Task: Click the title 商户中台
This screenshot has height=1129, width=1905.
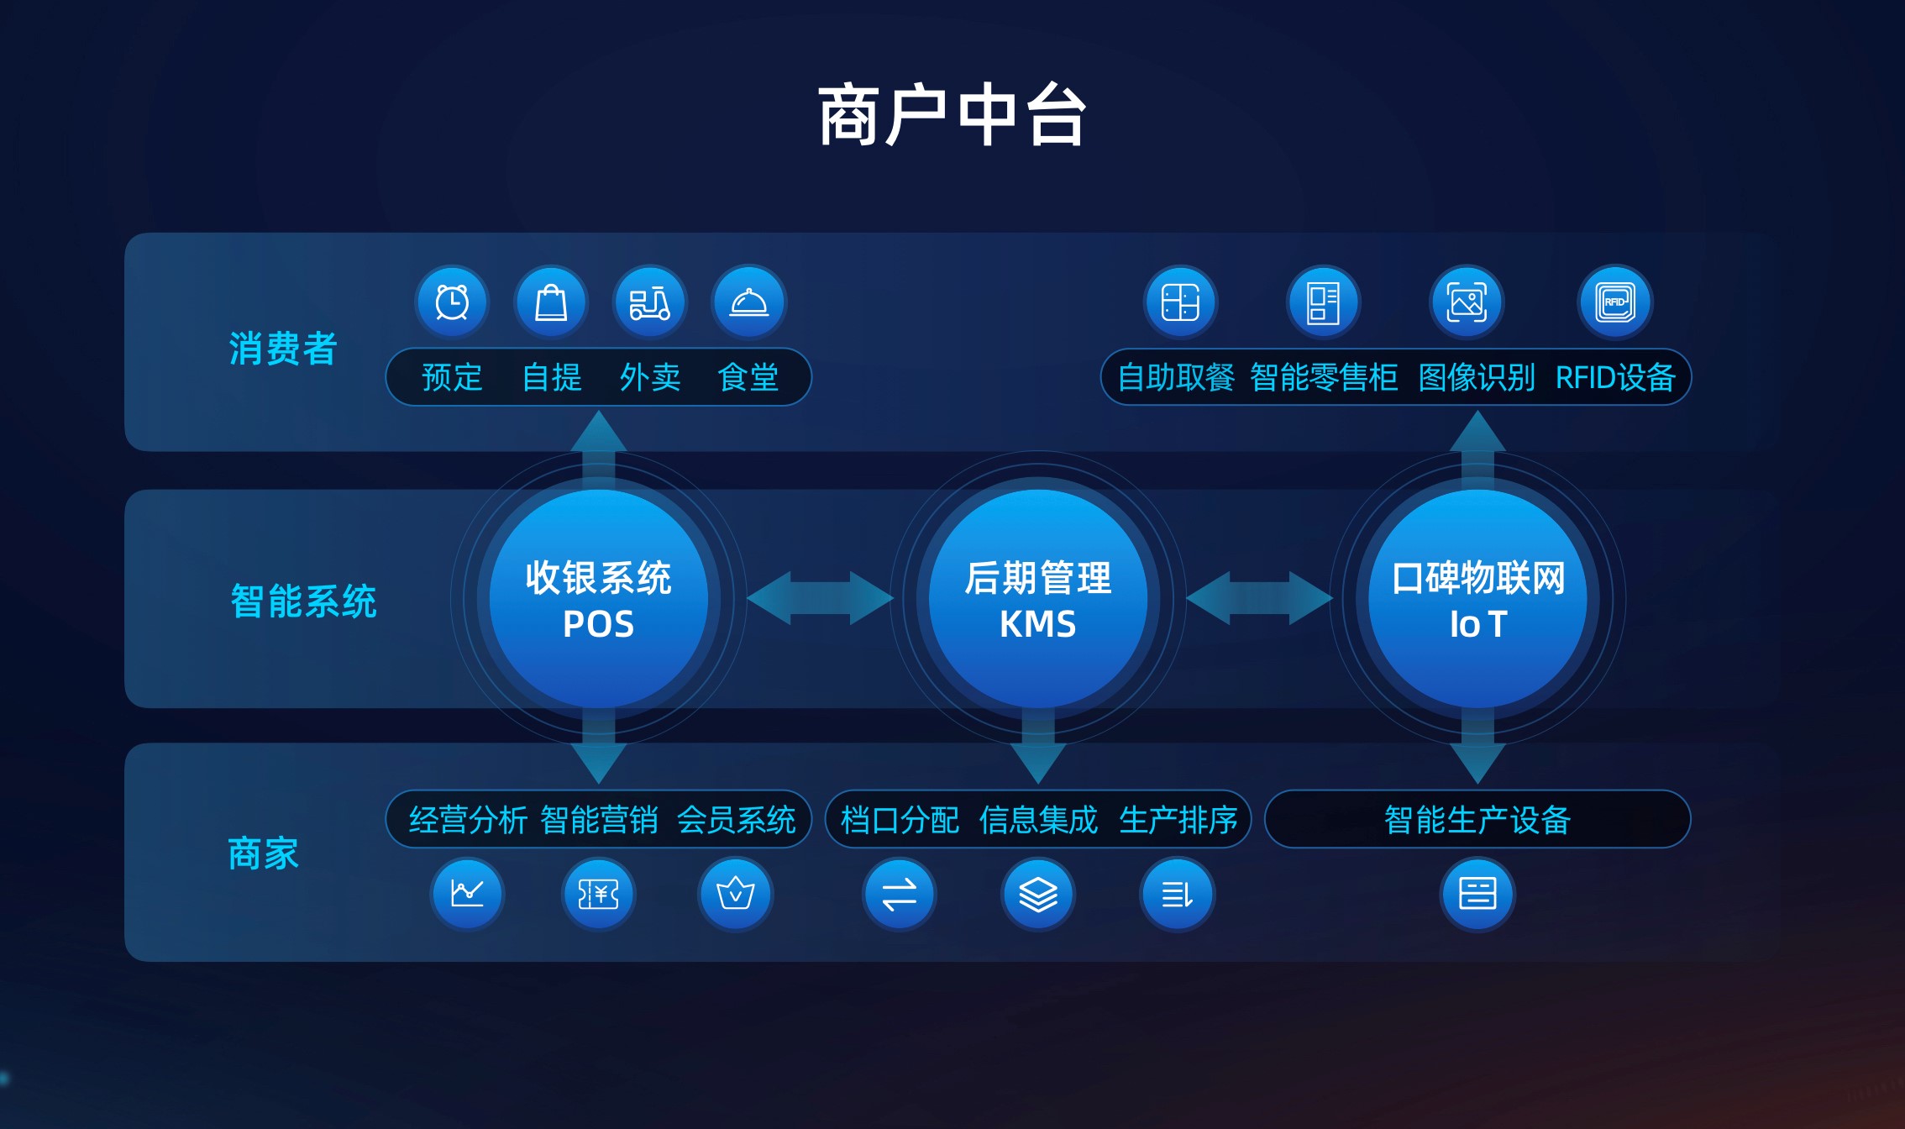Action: [x=953, y=115]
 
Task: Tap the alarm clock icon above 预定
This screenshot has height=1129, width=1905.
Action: [x=452, y=302]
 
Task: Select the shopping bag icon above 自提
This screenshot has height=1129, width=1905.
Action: [x=551, y=302]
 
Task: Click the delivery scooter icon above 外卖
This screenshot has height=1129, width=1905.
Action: [x=649, y=302]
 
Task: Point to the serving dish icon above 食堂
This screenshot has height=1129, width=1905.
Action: [x=748, y=302]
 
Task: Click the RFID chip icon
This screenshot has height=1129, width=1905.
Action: [x=1615, y=302]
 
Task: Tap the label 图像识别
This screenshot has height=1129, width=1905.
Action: [x=1476, y=378]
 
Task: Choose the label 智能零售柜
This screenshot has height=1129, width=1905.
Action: [x=1324, y=378]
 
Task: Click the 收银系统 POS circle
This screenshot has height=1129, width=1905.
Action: [x=598, y=599]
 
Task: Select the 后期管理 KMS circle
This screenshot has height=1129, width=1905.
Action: [x=1038, y=599]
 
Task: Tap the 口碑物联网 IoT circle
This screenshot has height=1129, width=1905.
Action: [x=1477, y=599]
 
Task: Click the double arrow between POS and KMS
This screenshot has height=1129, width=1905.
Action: [x=820, y=598]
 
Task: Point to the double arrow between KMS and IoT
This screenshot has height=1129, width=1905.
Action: [x=1259, y=598]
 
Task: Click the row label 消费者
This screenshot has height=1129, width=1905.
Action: [x=283, y=349]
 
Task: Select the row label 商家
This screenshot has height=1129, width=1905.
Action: [x=264, y=853]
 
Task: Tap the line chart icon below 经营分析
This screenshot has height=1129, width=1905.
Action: [x=467, y=894]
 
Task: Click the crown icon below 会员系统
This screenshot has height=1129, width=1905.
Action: [x=735, y=894]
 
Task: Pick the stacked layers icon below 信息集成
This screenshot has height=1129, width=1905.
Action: [x=1038, y=894]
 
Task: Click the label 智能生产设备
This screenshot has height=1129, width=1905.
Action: [x=1477, y=820]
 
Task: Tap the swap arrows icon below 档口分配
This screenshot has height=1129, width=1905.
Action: [x=900, y=894]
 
